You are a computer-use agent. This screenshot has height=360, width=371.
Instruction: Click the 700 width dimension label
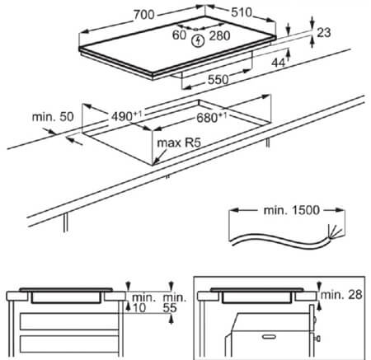[144, 15]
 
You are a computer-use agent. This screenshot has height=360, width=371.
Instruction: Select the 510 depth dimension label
[242, 12]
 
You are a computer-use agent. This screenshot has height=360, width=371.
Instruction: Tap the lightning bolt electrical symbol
[198, 41]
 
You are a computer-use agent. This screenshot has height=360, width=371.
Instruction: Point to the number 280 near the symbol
[219, 35]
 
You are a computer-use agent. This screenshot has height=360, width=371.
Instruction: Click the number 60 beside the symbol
[179, 35]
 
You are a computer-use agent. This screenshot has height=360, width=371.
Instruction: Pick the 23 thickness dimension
[324, 33]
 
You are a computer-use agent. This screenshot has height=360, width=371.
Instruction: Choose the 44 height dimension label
[278, 63]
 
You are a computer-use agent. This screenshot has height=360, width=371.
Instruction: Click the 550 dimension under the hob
[218, 80]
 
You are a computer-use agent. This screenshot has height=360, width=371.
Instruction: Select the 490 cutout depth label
[127, 116]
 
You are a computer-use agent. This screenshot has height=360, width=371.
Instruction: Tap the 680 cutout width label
[212, 118]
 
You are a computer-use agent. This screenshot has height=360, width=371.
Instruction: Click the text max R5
[179, 143]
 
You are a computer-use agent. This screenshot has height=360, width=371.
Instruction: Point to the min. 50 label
[53, 117]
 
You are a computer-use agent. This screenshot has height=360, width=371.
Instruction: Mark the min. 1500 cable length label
[292, 210]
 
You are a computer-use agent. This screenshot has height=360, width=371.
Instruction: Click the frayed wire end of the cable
[335, 232]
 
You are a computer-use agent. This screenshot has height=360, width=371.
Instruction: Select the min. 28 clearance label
[341, 295]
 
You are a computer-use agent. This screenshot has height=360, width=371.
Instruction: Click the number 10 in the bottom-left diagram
[139, 307]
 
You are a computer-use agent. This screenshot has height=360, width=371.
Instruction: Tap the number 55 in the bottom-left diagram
[170, 307]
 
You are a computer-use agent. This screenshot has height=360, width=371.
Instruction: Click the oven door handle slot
[269, 336]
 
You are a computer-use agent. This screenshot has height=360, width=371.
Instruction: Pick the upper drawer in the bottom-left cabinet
[69, 321]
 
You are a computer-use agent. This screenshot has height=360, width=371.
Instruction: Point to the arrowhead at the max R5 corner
[155, 162]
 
